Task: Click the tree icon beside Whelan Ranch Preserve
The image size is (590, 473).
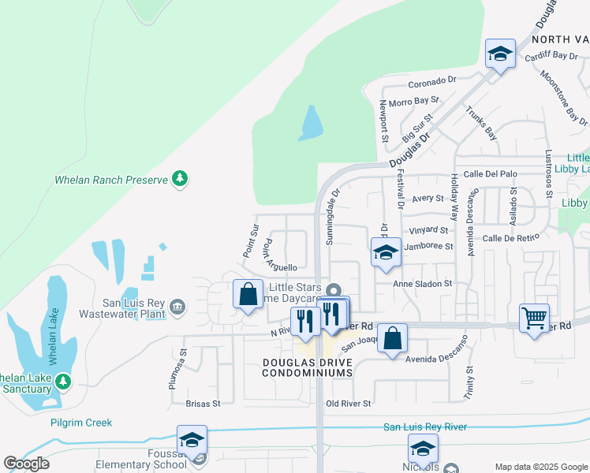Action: click(181, 179)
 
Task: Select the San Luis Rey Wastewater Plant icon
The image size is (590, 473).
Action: click(177, 306)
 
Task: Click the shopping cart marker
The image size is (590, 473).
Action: click(534, 318)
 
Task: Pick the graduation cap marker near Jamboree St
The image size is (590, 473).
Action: click(385, 252)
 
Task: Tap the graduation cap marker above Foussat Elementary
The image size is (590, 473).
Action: click(191, 441)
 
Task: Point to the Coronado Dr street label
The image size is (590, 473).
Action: click(432, 81)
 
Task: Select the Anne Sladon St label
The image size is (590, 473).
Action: click(424, 283)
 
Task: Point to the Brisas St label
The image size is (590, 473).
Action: click(203, 403)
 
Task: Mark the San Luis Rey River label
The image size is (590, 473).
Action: click(425, 427)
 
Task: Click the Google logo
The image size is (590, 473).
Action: click(26, 464)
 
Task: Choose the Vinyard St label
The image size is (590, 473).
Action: click(428, 230)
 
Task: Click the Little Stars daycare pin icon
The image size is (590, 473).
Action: click(334, 289)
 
